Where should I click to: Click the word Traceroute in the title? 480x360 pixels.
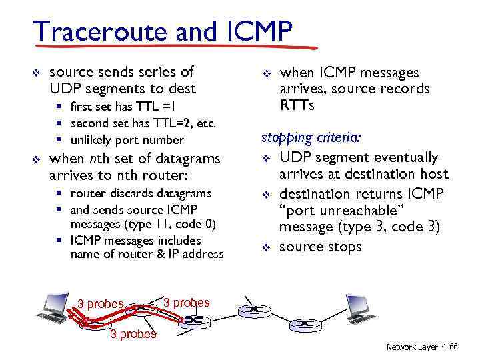coord(101,31)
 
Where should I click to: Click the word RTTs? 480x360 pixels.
coord(297,105)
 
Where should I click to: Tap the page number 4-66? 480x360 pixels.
coord(450,347)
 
